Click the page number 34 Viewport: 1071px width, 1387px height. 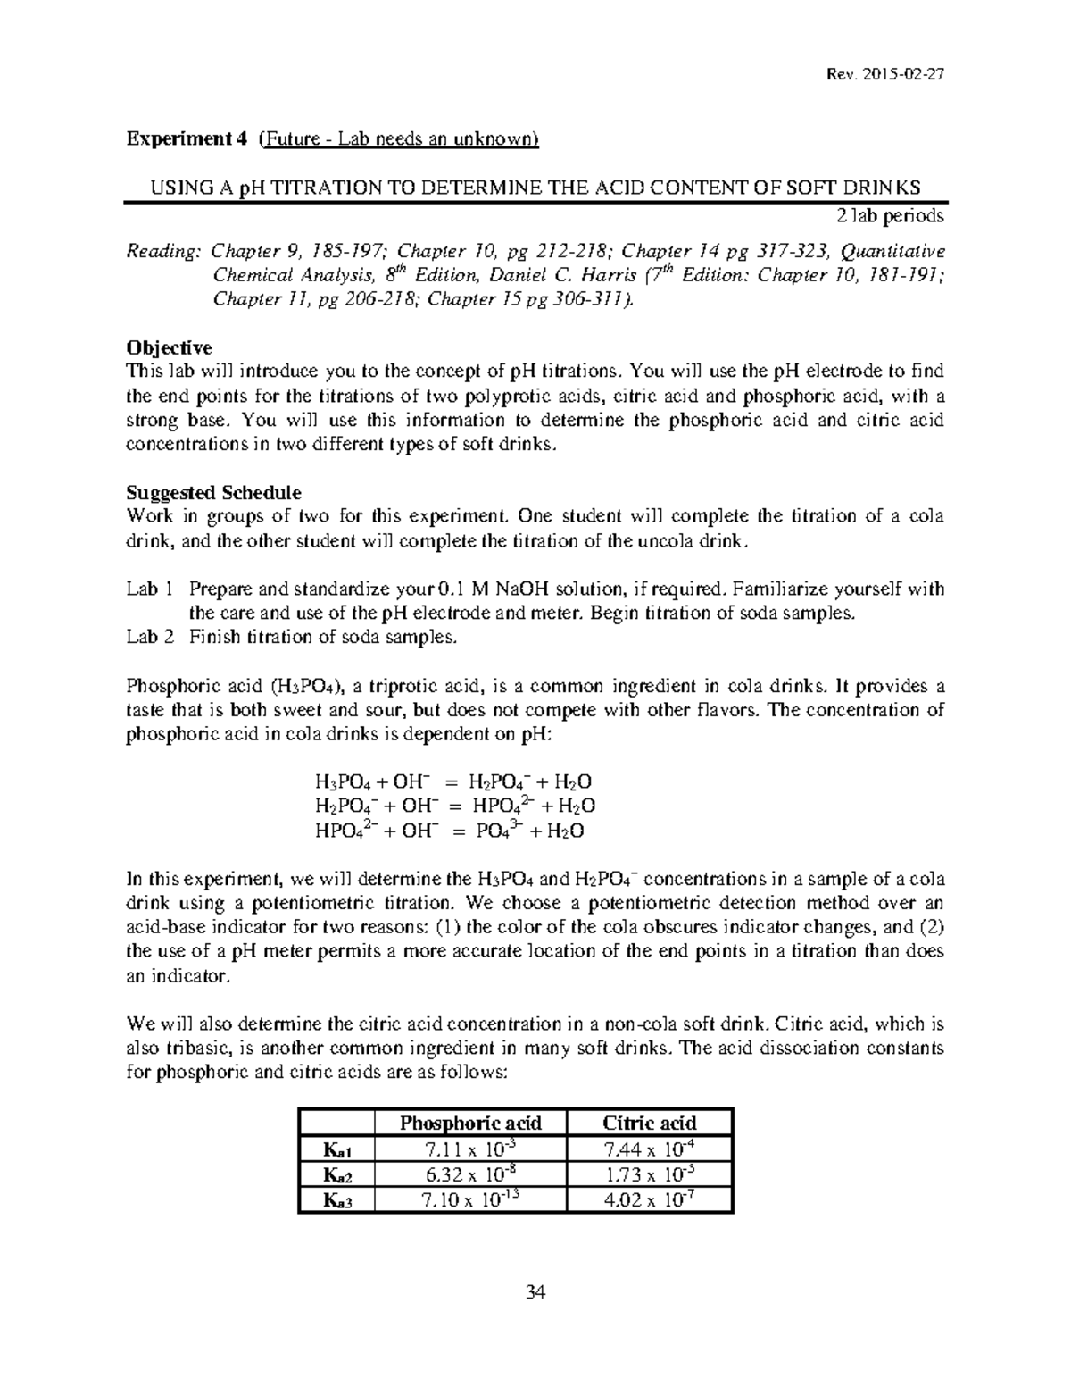click(x=535, y=1292)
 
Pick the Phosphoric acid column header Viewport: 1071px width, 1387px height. click(x=470, y=1123)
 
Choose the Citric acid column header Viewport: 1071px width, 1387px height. click(x=649, y=1123)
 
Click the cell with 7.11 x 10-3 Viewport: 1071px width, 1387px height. click(x=470, y=1149)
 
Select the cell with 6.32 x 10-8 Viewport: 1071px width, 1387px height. click(x=470, y=1174)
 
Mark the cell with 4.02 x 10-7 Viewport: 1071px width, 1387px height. click(x=649, y=1200)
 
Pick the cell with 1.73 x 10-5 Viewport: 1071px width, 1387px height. click(x=649, y=1174)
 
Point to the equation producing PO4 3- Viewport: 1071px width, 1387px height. click(x=450, y=831)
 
